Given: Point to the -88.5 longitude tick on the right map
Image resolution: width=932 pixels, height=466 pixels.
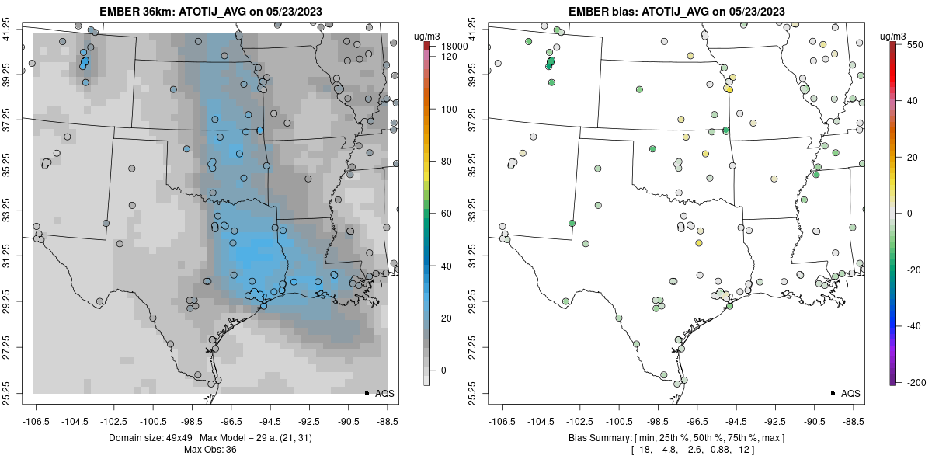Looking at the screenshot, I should [853, 421].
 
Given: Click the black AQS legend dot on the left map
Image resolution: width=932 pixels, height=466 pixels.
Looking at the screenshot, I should [366, 393].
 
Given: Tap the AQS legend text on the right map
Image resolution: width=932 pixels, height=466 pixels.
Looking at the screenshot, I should [850, 393].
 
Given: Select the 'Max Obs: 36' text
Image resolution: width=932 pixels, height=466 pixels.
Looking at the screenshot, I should [209, 450].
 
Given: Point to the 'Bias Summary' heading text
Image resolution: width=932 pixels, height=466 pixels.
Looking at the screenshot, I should [598, 439].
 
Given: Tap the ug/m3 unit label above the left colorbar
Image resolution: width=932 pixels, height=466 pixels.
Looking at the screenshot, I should [428, 36].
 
